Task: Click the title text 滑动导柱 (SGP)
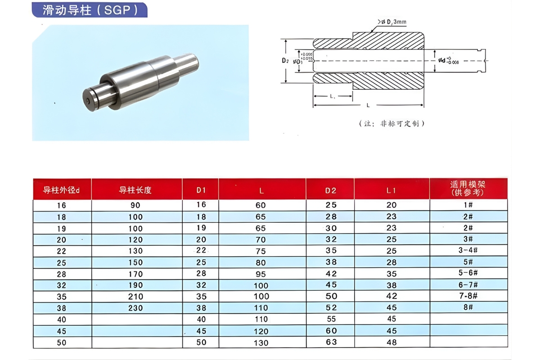click(x=90, y=10)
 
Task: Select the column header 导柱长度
click(x=135, y=190)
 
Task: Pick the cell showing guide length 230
click(x=135, y=308)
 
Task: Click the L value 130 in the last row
click(x=261, y=342)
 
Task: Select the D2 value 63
click(x=331, y=342)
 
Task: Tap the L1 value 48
click(x=391, y=342)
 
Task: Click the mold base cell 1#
click(x=468, y=205)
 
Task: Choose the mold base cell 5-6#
click(x=468, y=273)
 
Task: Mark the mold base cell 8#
click(x=468, y=307)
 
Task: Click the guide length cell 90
click(x=135, y=205)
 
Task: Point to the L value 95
click(x=261, y=274)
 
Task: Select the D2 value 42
click(x=331, y=273)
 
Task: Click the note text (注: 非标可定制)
click(x=392, y=123)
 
